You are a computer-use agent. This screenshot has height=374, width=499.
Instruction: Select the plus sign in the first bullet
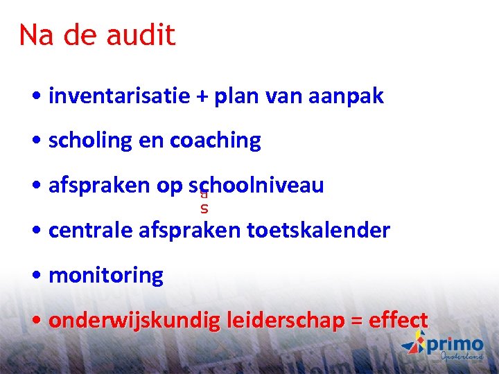202,97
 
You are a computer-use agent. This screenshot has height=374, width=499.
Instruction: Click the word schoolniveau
256,186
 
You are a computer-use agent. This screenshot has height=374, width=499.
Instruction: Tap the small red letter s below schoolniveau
204,208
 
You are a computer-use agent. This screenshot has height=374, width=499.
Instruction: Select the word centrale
91,230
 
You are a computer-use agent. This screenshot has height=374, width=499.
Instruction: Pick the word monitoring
106,276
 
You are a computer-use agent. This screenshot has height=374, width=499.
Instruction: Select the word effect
399,321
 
